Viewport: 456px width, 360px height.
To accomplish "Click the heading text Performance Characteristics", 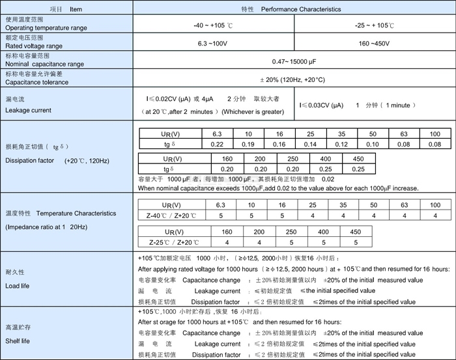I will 301,10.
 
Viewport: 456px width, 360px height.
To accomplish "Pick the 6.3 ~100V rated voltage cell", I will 214,43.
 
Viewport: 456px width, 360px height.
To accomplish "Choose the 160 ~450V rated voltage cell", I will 375,43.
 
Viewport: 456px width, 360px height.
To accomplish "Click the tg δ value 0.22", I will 218,144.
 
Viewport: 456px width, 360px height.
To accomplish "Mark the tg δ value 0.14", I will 310,144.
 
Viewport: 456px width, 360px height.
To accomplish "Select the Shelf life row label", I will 19,340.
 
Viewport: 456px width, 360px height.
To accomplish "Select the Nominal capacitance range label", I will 44,64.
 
